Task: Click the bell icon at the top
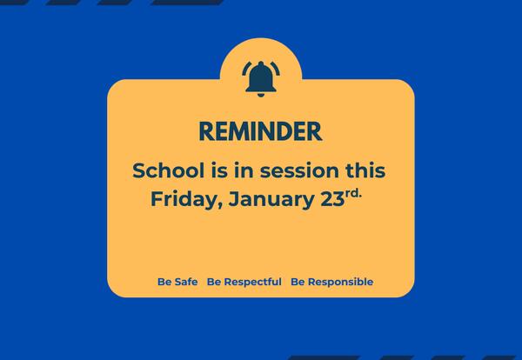coord(260,79)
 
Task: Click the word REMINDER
coord(260,131)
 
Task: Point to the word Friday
coord(180,199)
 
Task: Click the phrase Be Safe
coord(177,282)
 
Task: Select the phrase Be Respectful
coord(244,282)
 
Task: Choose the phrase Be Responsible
coord(331,282)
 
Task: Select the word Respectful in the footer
coord(252,282)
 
